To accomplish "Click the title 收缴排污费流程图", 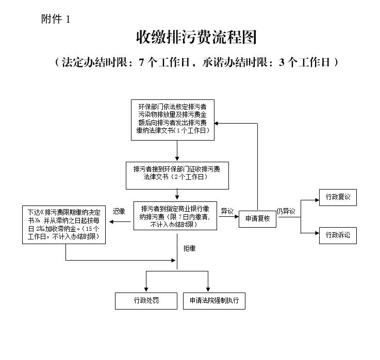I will tap(196, 38).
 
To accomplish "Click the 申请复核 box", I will tap(258, 218).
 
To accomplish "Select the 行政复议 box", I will tap(338, 197).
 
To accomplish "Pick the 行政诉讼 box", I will tap(338, 235).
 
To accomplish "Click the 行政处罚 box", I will tap(146, 300).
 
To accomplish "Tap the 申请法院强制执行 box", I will tap(214, 300).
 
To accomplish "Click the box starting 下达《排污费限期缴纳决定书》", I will tap(64, 225).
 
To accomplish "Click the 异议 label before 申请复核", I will tap(227, 211).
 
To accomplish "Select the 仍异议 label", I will tap(286, 211).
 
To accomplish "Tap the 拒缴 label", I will tap(189, 248).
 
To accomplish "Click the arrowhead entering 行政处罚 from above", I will tap(146, 289).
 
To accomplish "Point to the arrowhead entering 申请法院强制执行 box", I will tap(209, 289).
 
